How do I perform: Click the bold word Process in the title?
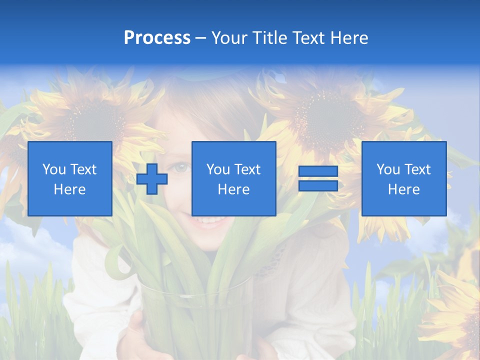pos(157,38)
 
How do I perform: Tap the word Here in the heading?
pos(347,38)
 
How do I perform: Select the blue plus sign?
pos(152,179)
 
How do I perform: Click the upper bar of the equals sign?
pos(318,171)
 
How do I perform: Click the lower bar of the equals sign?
pos(318,186)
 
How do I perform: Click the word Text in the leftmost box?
pos(83,169)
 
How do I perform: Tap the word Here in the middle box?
pos(233,189)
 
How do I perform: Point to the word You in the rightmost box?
pos(388,169)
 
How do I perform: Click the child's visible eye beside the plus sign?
pos(181,168)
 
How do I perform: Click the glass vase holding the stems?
pos(195,320)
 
